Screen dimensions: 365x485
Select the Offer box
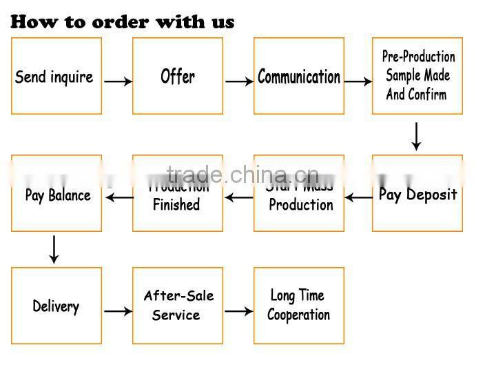[178, 76]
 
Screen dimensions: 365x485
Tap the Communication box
[299, 76]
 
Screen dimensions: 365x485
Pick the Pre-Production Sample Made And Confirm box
[417, 76]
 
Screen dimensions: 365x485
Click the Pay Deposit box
[417, 194]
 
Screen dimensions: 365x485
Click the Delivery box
[56, 306]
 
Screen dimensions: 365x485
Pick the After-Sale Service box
[178, 306]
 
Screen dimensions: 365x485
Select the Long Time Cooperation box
[299, 306]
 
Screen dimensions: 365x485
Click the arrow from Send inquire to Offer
[118, 81]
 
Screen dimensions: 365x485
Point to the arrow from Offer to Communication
[239, 81]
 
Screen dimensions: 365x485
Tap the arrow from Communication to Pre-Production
[358, 81]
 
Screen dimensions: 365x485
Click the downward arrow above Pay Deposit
[416, 136]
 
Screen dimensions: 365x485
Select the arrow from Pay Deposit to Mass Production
[358, 199]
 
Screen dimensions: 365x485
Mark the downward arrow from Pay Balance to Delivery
[54, 248]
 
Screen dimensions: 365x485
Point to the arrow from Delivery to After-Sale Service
[118, 311]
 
